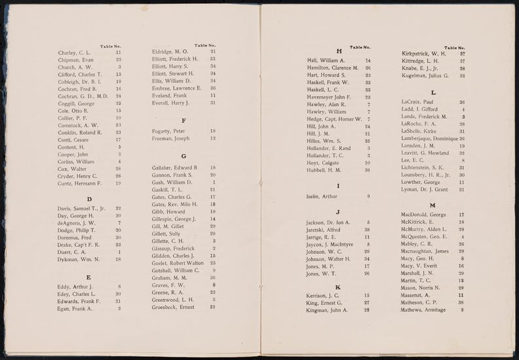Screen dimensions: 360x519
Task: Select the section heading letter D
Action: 89,198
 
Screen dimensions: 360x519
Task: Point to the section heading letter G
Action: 185,156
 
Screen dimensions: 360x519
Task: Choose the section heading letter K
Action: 338,287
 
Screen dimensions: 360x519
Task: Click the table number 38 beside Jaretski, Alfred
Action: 367,230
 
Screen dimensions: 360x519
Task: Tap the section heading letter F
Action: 184,120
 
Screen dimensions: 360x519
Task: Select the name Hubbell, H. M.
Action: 325,170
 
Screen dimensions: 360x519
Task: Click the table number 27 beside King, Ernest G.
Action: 367,303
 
